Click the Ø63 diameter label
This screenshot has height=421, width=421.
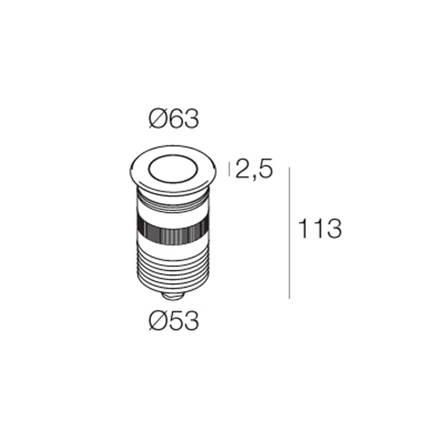coord(174,119)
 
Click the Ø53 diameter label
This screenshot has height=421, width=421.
coord(174,320)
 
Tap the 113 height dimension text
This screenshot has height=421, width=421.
coord(320,229)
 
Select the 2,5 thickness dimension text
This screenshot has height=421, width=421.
coord(254,169)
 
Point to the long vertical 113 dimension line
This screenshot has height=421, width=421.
coord(289,233)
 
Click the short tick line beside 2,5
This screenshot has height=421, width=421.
coord(229,169)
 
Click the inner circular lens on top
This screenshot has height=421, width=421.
coord(173,169)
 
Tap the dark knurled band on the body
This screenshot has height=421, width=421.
coord(173,231)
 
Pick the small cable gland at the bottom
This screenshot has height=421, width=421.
coord(173,295)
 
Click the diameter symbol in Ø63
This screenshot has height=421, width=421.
coord(157,119)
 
